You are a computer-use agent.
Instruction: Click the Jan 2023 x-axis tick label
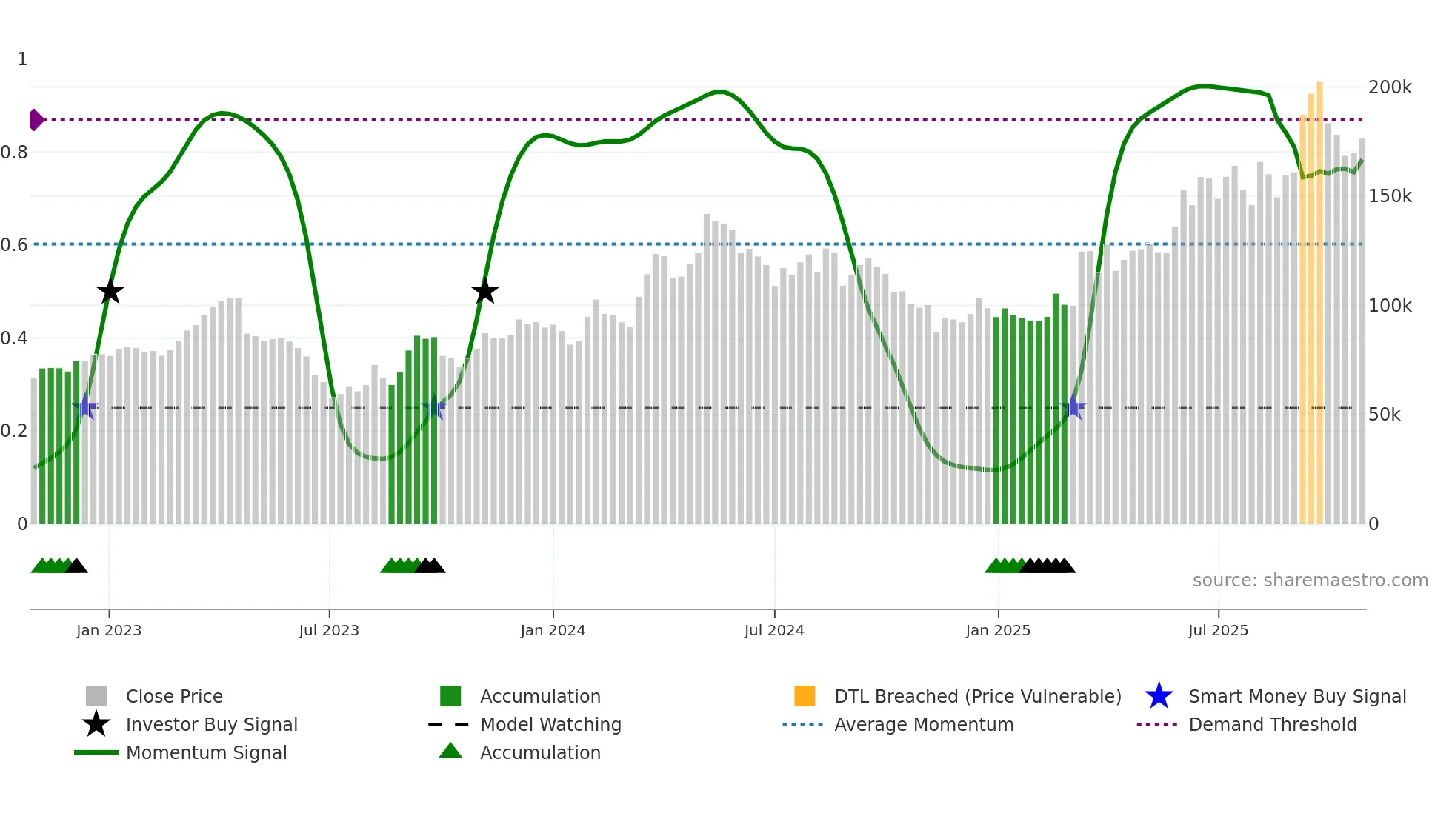[109, 630]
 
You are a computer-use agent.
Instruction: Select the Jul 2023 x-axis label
[329, 630]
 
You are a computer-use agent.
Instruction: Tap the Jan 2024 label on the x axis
[553, 630]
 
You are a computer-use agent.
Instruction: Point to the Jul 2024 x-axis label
[774, 630]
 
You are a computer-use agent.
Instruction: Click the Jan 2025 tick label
[998, 630]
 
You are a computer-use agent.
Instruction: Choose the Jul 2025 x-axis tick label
[1218, 630]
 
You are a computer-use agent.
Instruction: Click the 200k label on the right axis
[1390, 87]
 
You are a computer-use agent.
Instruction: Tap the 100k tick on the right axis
[1390, 305]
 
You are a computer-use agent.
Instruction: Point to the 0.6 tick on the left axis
[14, 244]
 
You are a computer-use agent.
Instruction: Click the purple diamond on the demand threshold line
[36, 119]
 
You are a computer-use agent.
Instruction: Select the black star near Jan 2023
[110, 291]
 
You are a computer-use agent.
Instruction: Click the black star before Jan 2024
[485, 291]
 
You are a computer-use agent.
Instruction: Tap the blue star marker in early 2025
[1073, 407]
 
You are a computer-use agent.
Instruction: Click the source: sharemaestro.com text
[1310, 581]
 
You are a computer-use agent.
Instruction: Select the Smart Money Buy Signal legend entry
[1296, 696]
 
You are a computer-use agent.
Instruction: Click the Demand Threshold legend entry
[1272, 724]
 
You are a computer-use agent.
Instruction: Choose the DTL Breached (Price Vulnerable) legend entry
[977, 696]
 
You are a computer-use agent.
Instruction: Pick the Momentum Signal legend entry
[206, 752]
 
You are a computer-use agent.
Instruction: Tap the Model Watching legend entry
[550, 724]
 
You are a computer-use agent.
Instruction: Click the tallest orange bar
[1319, 296]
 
